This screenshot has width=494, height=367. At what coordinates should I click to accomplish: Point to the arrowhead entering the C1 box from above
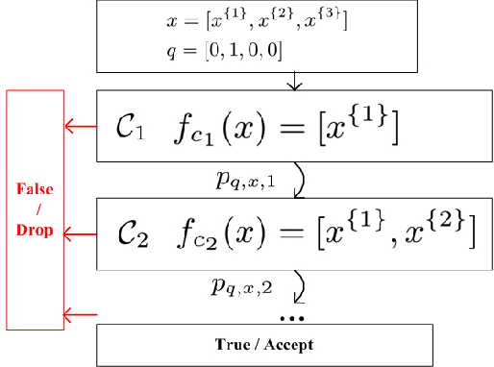click(295, 86)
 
